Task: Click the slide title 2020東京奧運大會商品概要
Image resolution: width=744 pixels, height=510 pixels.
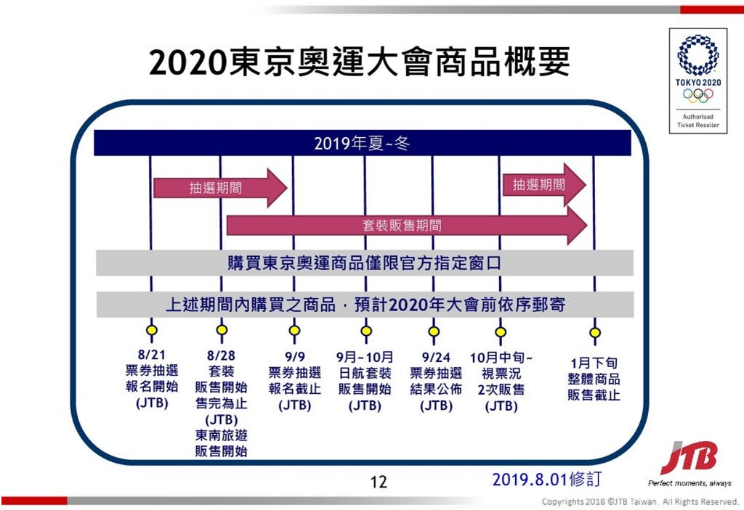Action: coord(359,62)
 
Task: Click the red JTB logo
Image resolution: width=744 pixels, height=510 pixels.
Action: coord(689,457)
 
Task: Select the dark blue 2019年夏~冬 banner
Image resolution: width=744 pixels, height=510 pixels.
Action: coord(363,143)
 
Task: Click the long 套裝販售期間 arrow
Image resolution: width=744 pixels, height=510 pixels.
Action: coord(407,225)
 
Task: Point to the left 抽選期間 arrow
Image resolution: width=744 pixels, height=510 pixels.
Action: coord(220,188)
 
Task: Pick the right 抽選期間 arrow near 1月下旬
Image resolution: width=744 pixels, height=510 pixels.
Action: coord(544,185)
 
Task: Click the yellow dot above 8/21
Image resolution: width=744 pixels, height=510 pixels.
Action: coord(151,330)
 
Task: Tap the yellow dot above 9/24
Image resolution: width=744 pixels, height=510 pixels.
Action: coord(434,332)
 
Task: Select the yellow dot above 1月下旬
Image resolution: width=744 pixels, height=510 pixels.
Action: coord(595,333)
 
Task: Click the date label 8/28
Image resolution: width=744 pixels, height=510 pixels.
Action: coord(221,355)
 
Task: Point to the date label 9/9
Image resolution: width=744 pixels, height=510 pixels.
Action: coord(295,357)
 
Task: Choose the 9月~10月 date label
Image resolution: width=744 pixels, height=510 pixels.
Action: coord(365,357)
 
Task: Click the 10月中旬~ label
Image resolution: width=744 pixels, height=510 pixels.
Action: coord(501,358)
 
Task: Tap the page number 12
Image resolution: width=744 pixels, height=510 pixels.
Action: coord(379,482)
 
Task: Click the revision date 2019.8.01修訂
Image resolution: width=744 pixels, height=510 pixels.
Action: coord(546,480)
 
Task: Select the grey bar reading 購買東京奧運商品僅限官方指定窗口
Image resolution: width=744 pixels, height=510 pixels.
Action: coord(365,263)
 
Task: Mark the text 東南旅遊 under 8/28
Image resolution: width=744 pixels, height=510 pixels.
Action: coord(221,435)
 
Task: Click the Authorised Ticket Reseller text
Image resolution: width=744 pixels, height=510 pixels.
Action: coord(698,121)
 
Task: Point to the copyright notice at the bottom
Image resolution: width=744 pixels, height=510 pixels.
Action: coord(640,501)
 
